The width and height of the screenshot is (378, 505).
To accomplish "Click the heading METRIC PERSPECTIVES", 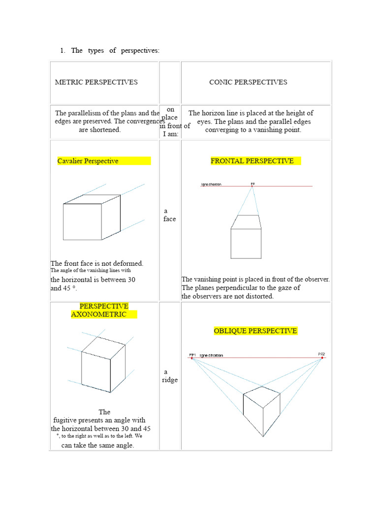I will pyautogui.click(x=96, y=82).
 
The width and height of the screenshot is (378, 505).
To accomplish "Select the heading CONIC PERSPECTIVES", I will pyautogui.click(x=248, y=82).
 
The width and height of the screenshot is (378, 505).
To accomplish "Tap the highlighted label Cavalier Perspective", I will pyautogui.click(x=88, y=161).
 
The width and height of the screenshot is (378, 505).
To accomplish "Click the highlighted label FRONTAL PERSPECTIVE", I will pyautogui.click(x=252, y=161).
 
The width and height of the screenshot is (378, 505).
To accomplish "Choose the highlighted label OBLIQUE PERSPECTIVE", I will pyautogui.click(x=255, y=330).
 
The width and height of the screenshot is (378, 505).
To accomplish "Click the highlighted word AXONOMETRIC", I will pyautogui.click(x=99, y=314).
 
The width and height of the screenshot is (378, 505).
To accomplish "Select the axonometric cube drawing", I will pyautogui.click(x=102, y=362).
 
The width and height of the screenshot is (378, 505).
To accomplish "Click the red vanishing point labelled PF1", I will pyautogui.click(x=192, y=359).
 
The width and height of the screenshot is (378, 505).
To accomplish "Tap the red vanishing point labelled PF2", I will pyautogui.click(x=322, y=359).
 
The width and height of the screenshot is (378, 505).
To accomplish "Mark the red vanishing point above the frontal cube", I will pyautogui.click(x=252, y=186).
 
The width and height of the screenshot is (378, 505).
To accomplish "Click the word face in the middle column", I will pyautogui.click(x=170, y=219).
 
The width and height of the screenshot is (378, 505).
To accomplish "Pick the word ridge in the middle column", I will pyautogui.click(x=170, y=380).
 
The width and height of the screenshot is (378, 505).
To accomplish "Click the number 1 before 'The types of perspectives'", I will pyautogui.click(x=62, y=50).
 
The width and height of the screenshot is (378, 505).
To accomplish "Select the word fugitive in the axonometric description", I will pyautogui.click(x=68, y=420).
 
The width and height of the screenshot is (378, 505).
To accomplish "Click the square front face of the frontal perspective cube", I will pyautogui.click(x=246, y=243).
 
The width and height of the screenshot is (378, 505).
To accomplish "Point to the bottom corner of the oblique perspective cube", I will pyautogui.click(x=263, y=436).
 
